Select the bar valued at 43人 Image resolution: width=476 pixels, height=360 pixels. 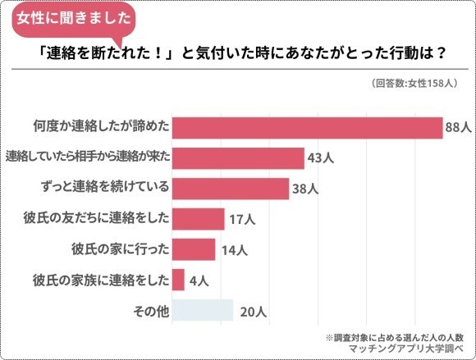[238, 157]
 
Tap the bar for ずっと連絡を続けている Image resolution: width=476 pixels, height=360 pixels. [230, 188]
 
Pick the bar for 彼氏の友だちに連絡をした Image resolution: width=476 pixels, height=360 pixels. [198, 218]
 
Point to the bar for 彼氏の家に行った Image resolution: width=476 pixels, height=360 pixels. [194, 248]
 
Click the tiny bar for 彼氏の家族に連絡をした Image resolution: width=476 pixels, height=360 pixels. [178, 280]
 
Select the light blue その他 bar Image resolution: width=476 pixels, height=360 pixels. [203, 311]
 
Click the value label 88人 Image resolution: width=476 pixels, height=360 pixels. [457, 128]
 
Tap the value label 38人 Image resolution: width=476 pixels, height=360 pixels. [305, 189]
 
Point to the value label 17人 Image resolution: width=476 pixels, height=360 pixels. [240, 219]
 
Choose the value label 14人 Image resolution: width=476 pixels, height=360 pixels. [231, 249]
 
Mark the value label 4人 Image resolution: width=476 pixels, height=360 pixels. [198, 280]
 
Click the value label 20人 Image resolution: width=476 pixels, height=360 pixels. [249, 312]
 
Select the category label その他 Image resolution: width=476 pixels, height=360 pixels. [150, 311]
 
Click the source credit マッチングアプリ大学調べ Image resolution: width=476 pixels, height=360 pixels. [406, 349]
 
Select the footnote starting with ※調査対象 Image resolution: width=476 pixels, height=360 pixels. [395, 336]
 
